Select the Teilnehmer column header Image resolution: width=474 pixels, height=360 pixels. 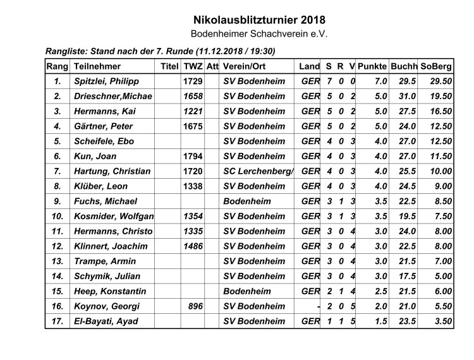tap(97, 66)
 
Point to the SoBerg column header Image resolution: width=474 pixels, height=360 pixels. tap(436, 66)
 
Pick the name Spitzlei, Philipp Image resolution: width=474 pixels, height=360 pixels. tap(106, 81)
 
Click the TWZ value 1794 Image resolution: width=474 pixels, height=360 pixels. tap(192, 156)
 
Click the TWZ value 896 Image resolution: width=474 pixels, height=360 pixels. tap(195, 306)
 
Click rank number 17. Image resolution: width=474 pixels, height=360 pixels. tap(58, 321)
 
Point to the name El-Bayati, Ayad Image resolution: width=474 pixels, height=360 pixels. tap(106, 321)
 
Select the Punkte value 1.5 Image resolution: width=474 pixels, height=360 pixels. tap(380, 321)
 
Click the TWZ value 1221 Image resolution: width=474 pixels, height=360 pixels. tap(192, 111)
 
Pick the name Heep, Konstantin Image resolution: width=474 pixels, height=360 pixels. tap(110, 291)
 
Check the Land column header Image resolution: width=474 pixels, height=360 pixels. tap(309, 66)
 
